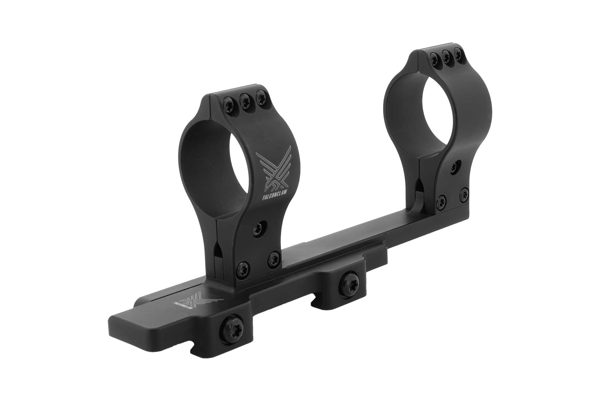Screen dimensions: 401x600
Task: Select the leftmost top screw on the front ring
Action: pyautogui.click(x=227, y=105)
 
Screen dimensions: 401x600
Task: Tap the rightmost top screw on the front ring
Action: pyautogui.click(x=260, y=101)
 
